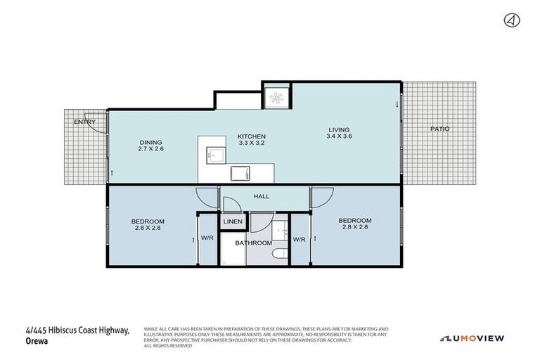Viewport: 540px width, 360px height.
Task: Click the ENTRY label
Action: [84, 122]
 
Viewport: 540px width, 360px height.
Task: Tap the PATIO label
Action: [440, 129]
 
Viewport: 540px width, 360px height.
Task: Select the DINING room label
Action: [150, 141]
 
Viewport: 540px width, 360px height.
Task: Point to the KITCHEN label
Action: [251, 136]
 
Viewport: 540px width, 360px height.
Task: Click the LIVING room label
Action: [339, 129]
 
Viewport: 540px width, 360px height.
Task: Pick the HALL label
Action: [262, 197]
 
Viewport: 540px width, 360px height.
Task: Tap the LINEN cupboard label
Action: [233, 222]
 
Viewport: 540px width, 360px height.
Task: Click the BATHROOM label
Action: [253, 243]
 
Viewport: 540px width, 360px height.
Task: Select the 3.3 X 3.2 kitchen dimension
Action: [251, 143]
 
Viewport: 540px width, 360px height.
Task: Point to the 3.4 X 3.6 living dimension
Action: [339, 136]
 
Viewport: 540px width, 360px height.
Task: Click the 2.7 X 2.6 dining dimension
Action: [150, 148]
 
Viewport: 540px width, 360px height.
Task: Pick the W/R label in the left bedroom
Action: [207, 238]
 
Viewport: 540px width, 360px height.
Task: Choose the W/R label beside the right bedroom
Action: [299, 239]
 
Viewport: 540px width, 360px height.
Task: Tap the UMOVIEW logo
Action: [472, 338]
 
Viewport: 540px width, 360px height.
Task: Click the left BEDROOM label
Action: [148, 222]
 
